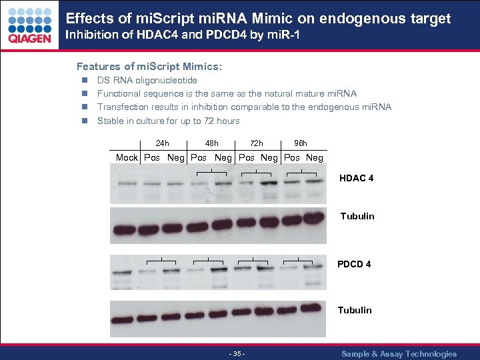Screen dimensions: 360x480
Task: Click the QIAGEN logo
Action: (29, 25)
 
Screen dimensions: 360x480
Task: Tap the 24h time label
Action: (162, 143)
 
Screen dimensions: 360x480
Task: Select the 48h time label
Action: (211, 143)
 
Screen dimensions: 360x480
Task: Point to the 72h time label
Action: (257, 143)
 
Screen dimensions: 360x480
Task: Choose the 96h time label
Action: (301, 143)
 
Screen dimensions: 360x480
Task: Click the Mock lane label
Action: (127, 158)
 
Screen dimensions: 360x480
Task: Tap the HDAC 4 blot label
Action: (356, 179)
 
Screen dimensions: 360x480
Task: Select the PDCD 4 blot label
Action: (354, 264)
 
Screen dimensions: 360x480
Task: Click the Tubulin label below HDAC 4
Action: (357, 216)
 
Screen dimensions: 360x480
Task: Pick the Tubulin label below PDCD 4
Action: (355, 310)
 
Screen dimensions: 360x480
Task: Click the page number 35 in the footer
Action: (237, 354)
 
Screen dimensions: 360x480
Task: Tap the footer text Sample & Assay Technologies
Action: (399, 354)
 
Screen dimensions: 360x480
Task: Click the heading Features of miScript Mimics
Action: (149, 67)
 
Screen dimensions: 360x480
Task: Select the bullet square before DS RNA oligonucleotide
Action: (85, 81)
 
